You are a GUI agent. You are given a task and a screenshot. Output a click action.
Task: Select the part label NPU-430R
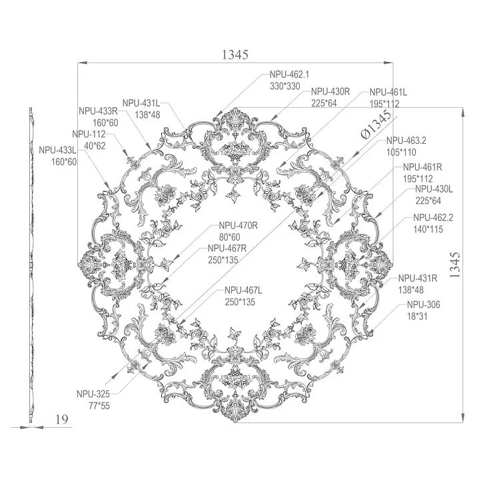point(330,91)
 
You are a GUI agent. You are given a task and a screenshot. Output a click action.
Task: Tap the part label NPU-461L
point(388,93)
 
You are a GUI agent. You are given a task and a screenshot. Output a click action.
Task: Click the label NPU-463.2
point(406,141)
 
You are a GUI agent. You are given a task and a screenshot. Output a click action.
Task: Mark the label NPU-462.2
point(432,217)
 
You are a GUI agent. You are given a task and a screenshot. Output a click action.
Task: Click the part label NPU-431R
point(418,278)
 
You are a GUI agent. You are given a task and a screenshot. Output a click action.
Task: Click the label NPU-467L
point(244,290)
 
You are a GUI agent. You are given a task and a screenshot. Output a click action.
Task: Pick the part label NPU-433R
point(98,111)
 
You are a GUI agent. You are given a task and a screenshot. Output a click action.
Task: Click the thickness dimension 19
point(61,419)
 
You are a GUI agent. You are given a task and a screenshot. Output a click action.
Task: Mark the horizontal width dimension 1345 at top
point(235,55)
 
